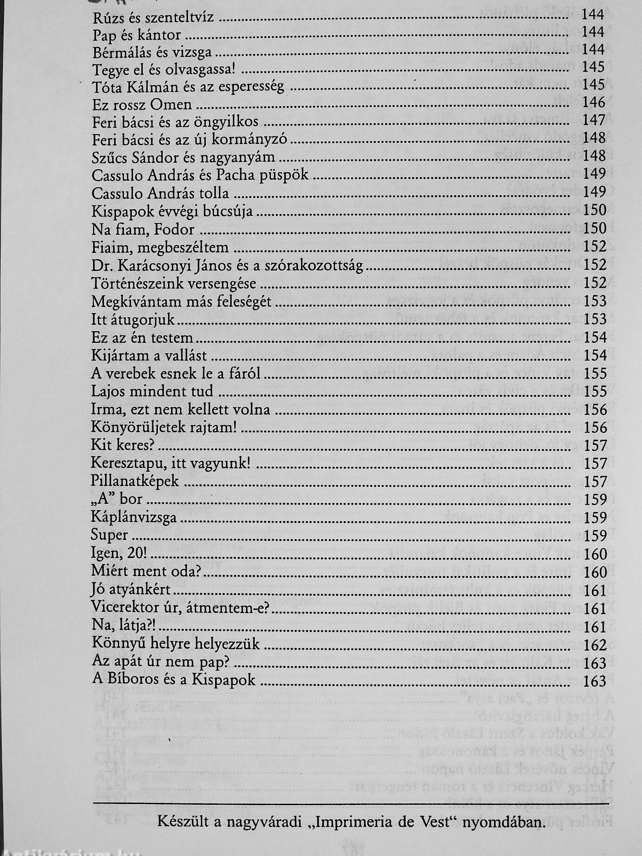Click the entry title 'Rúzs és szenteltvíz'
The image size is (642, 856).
pyautogui.click(x=153, y=17)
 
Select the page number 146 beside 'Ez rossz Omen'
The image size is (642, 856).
pyautogui.click(x=593, y=103)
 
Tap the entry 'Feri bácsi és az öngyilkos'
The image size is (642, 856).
pyautogui.click(x=175, y=122)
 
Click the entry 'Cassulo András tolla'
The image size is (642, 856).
pyautogui.click(x=160, y=194)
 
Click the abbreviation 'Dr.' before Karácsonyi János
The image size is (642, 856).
pyautogui.click(x=100, y=266)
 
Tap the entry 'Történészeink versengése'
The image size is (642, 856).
pyautogui.click(x=174, y=284)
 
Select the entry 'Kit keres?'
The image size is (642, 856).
pyautogui.click(x=123, y=445)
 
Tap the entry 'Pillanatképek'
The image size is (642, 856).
pyautogui.click(x=135, y=481)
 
